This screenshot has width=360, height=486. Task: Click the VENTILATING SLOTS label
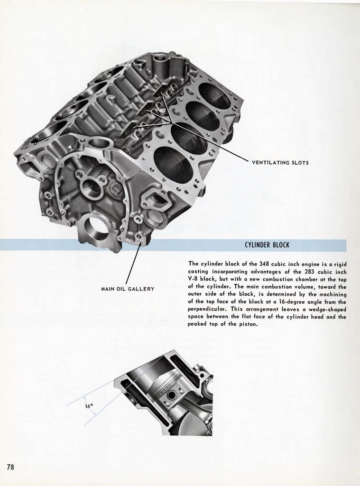[280, 163]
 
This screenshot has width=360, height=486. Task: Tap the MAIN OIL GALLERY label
[128, 289]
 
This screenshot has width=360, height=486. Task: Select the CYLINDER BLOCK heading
[267, 245]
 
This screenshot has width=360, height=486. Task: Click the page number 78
[10, 467]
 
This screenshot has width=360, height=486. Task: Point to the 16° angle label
[89, 406]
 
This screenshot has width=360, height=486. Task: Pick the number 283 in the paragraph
[312, 271]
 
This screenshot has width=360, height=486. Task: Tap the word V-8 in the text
[194, 279]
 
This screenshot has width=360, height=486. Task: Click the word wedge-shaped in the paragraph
[328, 309]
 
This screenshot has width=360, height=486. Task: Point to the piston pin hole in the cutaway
[171, 395]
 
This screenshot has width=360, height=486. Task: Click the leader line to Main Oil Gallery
[133, 263]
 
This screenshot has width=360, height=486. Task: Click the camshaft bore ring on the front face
[92, 187]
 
